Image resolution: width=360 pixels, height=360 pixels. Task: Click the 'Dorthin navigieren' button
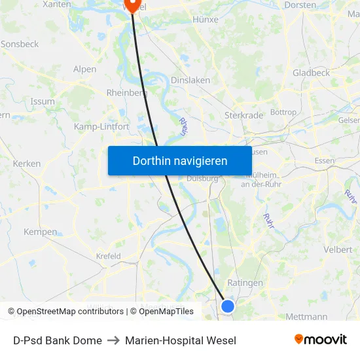click(180, 160)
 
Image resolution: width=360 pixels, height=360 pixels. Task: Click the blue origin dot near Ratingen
click(228, 306)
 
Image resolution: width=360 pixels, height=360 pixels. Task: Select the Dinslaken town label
click(190, 80)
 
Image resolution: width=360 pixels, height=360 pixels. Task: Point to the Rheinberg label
click(126, 93)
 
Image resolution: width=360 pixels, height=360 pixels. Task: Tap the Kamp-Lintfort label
click(101, 126)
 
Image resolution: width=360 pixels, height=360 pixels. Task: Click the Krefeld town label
click(109, 257)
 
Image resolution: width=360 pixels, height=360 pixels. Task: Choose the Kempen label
click(41, 232)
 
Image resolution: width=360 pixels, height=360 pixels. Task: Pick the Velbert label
click(338, 249)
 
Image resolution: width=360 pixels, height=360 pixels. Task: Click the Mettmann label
click(306, 317)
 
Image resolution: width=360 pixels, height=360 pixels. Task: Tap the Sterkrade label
click(243, 115)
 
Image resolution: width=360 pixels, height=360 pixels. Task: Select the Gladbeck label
click(312, 73)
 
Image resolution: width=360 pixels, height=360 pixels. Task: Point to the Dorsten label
click(300, 5)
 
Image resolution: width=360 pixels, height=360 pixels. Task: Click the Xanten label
click(57, 5)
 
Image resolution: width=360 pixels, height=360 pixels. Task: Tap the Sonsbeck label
click(20, 44)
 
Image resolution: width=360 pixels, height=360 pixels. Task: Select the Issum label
click(43, 101)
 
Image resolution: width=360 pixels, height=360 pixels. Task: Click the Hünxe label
click(206, 20)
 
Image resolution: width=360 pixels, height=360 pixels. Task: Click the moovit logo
click(321, 340)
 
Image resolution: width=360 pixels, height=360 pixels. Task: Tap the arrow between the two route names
click(113, 340)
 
